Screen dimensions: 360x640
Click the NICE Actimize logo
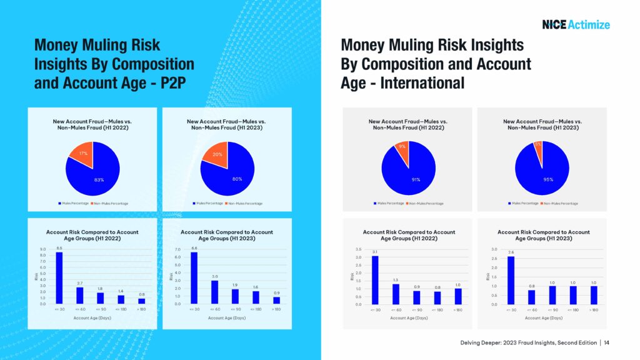[576, 25]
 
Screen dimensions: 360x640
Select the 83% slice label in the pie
[99, 179]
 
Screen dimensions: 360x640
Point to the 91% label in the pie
[416, 179]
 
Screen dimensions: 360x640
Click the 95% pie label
[548, 179]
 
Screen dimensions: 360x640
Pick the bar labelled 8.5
[59, 278]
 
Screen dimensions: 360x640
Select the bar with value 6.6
[194, 278]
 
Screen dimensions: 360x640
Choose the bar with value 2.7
[79, 295]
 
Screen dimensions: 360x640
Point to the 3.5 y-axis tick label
[358, 249]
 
